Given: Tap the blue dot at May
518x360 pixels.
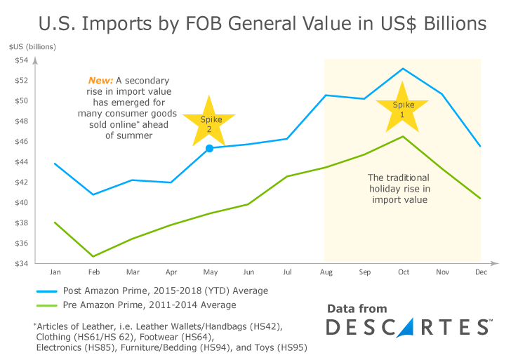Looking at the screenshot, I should pyautogui.click(x=209, y=148).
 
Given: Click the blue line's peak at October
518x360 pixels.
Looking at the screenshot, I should pyautogui.click(x=403, y=68).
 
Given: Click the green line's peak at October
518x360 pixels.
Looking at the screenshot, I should pyautogui.click(x=403, y=136).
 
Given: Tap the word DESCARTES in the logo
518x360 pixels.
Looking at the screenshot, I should pyautogui.click(x=407, y=328).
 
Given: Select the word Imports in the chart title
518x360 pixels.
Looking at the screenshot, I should pyautogui.click(x=118, y=24).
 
